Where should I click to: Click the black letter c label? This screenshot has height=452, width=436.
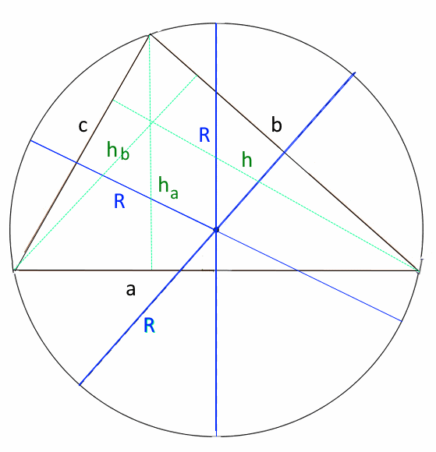[x=83, y=127]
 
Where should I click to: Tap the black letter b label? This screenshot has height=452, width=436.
[x=276, y=125]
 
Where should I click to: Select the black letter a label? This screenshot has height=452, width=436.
[x=131, y=290]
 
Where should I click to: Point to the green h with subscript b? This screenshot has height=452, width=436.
[x=118, y=150]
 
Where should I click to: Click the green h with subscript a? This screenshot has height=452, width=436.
[x=168, y=189]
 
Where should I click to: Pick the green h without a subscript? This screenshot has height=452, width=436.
[x=247, y=160]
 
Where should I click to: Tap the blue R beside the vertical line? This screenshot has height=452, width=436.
[x=204, y=135]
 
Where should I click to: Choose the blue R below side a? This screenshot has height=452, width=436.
[x=150, y=326]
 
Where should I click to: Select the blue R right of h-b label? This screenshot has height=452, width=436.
[x=119, y=201]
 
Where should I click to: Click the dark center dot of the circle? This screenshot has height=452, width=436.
[x=216, y=230]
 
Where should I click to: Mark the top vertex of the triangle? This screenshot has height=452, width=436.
[x=150, y=35]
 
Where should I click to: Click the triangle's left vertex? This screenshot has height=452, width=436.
[x=15, y=270]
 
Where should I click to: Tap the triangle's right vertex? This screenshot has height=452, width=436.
[x=418, y=270]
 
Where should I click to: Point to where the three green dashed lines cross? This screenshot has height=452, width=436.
[x=151, y=123]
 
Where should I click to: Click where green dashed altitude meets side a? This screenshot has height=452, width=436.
[x=152, y=270]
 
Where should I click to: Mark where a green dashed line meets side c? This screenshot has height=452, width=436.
[x=112, y=100]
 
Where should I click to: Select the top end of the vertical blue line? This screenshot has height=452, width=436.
[x=216, y=23]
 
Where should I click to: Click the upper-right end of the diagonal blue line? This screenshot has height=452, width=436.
[x=355, y=73]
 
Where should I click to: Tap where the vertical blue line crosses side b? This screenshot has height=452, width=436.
[x=216, y=92]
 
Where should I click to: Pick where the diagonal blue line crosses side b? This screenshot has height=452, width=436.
[x=284, y=152]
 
